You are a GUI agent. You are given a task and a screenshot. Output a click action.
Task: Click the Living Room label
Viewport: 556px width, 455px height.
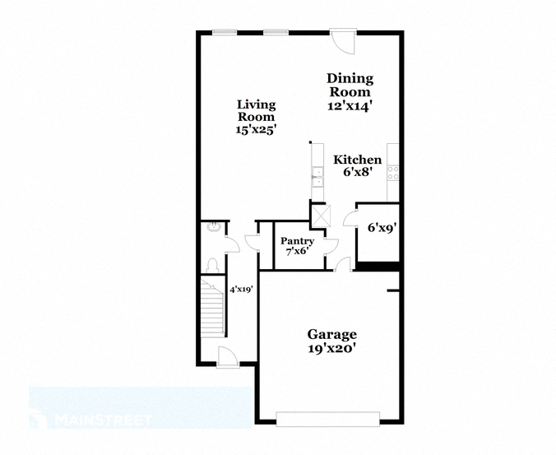click(256, 110)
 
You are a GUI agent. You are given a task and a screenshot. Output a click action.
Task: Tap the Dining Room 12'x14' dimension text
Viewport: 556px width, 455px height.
click(350, 106)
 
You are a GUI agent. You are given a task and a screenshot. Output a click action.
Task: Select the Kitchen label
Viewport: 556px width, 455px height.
click(358, 160)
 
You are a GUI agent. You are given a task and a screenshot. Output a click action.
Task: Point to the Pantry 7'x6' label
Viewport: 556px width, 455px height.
click(297, 246)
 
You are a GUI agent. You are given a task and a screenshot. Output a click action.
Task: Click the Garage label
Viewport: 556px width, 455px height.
click(332, 334)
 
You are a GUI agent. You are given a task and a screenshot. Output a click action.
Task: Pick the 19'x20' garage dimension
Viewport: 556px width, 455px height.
click(332, 349)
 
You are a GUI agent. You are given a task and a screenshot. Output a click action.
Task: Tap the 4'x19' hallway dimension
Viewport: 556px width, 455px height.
click(241, 290)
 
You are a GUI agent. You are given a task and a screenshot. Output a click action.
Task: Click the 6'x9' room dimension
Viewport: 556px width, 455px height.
click(382, 228)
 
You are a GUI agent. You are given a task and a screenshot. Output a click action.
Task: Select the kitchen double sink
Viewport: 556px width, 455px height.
click(317, 177)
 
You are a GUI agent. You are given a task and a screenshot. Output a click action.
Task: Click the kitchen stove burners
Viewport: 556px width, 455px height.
click(393, 173)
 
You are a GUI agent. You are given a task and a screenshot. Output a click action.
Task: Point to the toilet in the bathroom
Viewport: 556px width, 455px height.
click(212, 265)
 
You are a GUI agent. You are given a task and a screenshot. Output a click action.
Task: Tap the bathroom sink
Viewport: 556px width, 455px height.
click(214, 226)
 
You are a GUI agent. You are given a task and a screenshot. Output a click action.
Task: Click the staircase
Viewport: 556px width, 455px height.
click(213, 307)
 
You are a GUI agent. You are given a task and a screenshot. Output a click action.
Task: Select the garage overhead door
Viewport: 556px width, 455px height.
click(328, 419)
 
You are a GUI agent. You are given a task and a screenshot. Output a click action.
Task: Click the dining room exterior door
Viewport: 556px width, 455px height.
click(342, 41)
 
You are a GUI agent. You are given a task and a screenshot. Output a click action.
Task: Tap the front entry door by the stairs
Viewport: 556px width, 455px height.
click(228, 357)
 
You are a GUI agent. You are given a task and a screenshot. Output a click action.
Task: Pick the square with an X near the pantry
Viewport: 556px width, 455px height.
click(321, 216)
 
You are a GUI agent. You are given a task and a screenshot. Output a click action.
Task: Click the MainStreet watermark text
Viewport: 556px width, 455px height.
click(103, 420)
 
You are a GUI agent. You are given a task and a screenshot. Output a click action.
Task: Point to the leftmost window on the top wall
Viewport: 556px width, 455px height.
click(225, 32)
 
